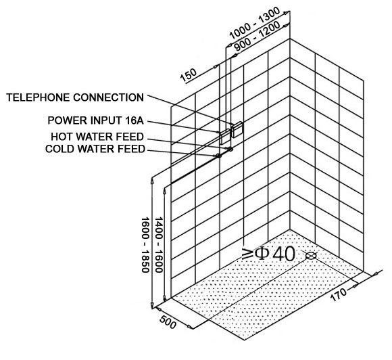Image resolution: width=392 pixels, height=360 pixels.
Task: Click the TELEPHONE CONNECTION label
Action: click(75, 97)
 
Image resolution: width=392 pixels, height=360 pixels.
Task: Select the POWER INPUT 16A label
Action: click(96, 120)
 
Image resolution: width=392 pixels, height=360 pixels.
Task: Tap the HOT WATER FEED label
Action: click(97, 137)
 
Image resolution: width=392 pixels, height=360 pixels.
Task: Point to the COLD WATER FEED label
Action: click(95, 149)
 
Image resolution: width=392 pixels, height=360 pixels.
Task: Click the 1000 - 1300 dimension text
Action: click(255, 23)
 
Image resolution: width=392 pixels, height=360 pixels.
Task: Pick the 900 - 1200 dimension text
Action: click(258, 36)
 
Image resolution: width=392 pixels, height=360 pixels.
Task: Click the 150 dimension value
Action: click(189, 75)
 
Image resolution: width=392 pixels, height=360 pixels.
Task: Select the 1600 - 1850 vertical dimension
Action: click(145, 245)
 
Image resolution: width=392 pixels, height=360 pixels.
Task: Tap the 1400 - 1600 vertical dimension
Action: click(159, 245)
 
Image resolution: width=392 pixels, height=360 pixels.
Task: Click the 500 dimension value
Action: click(168, 322)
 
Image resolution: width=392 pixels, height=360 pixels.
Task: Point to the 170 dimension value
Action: click(339, 294)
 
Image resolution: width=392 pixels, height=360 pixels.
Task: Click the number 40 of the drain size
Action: click(284, 254)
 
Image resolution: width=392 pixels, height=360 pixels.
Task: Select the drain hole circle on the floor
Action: click(312, 256)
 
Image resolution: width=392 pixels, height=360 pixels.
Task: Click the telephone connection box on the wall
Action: click(237, 129)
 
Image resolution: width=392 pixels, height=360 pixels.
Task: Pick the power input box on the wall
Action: click(225, 137)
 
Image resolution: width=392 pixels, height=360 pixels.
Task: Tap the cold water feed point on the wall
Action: click(219, 156)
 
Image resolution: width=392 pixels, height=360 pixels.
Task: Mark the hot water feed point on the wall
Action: click(230, 150)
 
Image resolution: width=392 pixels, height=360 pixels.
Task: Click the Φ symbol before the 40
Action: click(262, 254)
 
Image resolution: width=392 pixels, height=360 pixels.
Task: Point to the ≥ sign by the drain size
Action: click(248, 254)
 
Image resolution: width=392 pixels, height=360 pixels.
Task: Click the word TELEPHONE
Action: click(38, 97)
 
